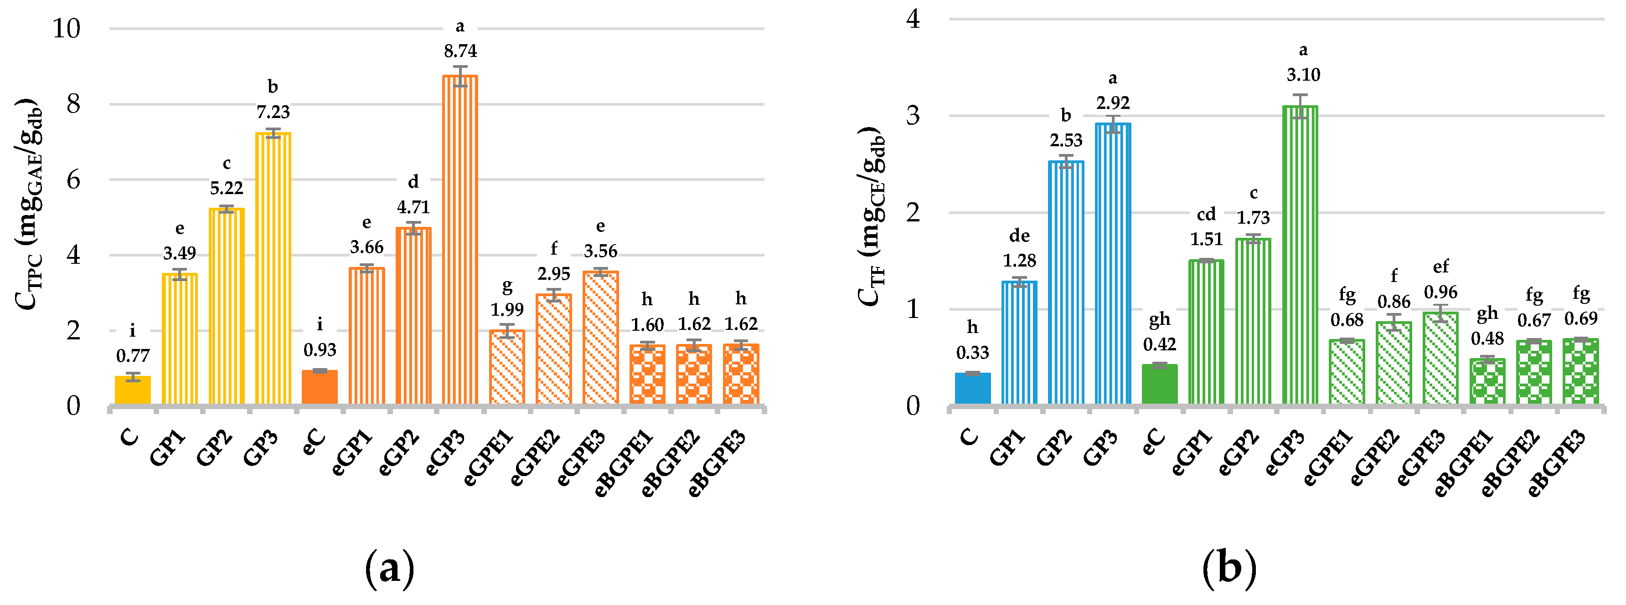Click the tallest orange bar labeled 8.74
(x=459, y=240)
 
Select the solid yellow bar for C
(x=133, y=390)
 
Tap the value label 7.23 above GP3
(x=273, y=112)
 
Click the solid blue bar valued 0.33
(x=972, y=389)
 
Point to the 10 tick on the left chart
(x=66, y=28)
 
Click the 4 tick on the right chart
(x=913, y=19)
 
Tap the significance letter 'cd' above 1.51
(x=1206, y=215)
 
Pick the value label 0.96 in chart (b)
(x=1440, y=292)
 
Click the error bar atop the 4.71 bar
(x=413, y=228)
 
